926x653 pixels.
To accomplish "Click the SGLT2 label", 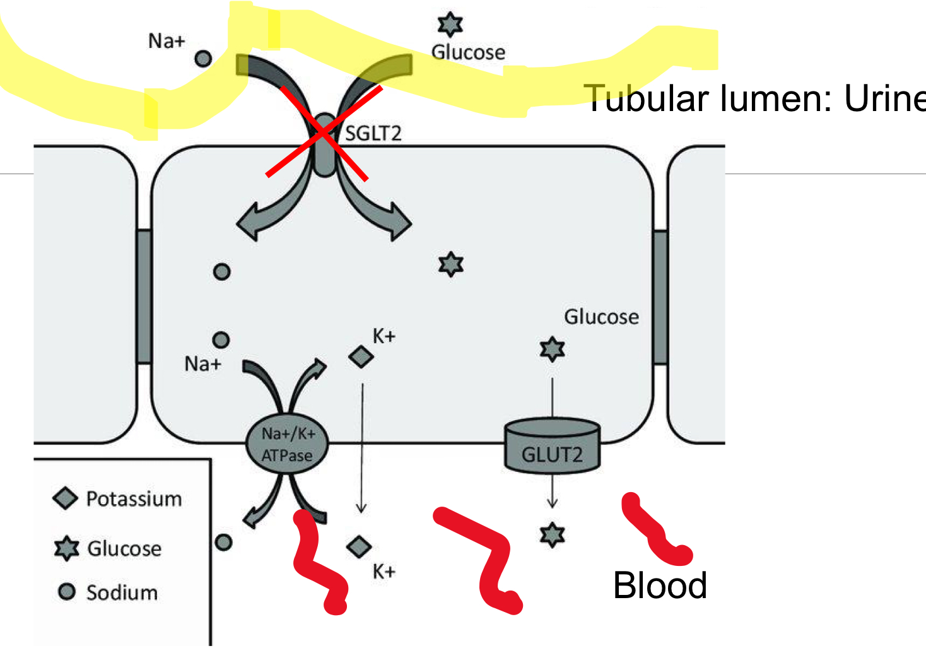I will point(373,133).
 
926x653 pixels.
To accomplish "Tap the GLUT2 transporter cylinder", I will point(552,447).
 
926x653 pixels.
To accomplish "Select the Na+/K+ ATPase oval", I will point(287,444).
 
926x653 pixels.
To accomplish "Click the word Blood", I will point(660,585).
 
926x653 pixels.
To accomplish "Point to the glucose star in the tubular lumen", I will point(450,24).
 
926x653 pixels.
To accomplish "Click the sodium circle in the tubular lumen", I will point(202,59).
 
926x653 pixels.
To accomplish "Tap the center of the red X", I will point(323,132).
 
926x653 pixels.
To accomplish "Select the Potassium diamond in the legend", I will point(66,498).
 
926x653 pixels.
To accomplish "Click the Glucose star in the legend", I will point(66,548).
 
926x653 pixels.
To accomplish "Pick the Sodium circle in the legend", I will point(66,592).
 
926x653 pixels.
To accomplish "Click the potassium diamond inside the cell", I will point(361,357).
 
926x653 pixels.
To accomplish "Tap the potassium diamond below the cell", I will point(359,546).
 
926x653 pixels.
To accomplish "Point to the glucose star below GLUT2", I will point(552,535).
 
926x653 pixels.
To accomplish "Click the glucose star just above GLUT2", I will point(552,349).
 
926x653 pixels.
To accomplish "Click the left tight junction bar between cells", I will point(144,297).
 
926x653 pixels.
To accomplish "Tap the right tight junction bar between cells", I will point(660,297).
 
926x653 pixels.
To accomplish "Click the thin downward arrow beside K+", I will point(362,448).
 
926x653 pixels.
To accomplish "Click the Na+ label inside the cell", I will point(202,364).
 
